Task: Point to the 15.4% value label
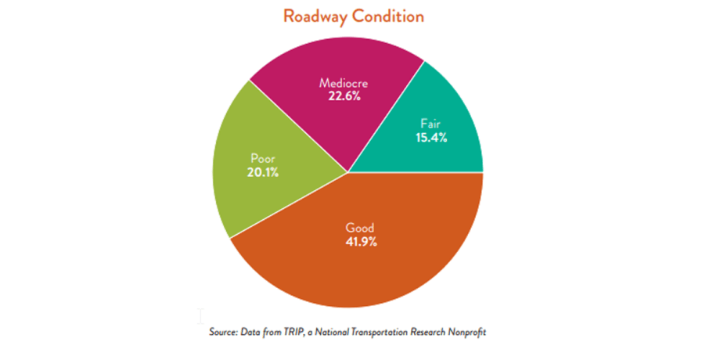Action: click(x=432, y=137)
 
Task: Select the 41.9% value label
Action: click(x=361, y=242)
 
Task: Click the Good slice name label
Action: click(x=361, y=228)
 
